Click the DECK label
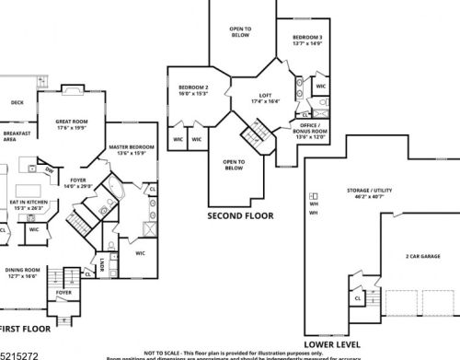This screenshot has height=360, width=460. pos(17,103)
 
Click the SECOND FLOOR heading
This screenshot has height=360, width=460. pos(239,216)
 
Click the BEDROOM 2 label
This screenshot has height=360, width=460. pos(193,90)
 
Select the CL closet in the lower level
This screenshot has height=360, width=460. pos(357,297)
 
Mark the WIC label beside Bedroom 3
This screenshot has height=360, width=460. pos(320,86)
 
